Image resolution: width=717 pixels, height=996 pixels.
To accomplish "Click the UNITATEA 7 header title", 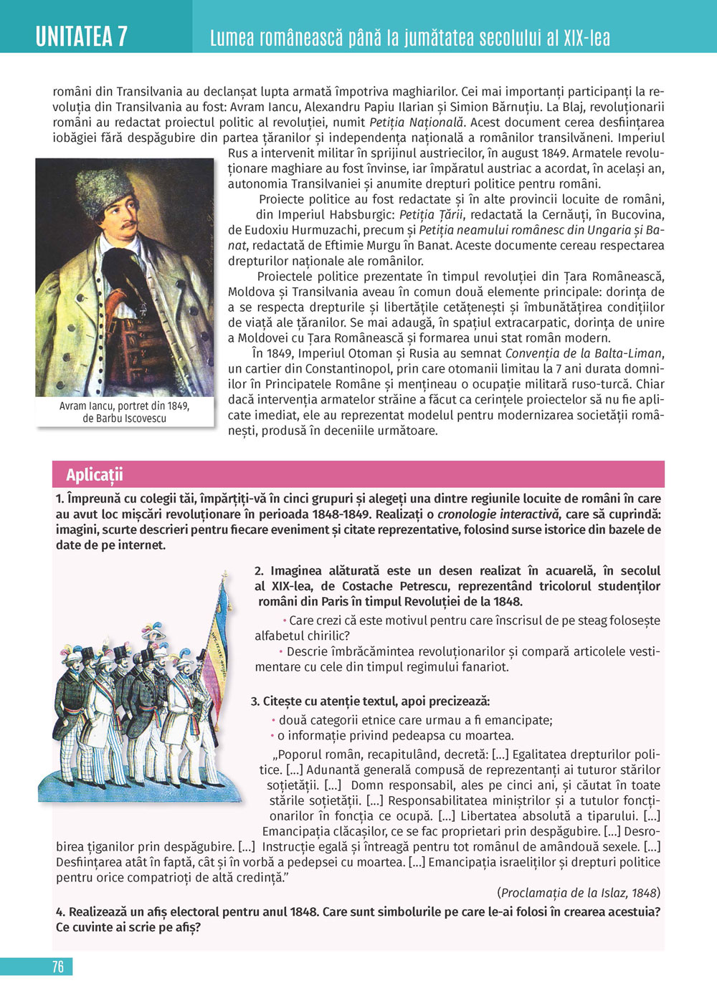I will (x=82, y=36).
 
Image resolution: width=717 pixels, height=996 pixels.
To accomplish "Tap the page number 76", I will (x=58, y=967).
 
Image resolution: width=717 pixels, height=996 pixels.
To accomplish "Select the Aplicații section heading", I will (x=95, y=474).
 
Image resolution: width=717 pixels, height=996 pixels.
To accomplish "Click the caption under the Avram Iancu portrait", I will (x=124, y=412).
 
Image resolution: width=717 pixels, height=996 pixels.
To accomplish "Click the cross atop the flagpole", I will (x=224, y=575).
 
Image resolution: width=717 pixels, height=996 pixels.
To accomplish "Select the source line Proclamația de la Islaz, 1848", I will (x=579, y=893).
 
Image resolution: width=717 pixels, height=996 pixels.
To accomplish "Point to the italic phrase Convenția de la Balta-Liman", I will (x=584, y=353).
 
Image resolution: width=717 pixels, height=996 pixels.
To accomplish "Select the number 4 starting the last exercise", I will (x=60, y=911).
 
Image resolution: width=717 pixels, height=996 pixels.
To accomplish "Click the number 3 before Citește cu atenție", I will (x=255, y=701).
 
